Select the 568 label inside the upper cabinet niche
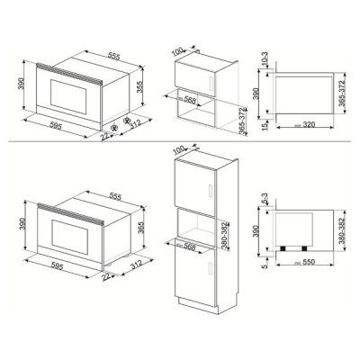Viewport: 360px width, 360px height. pyautogui.click(x=192, y=100)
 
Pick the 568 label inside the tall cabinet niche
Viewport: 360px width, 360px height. pyautogui.click(x=192, y=238)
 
